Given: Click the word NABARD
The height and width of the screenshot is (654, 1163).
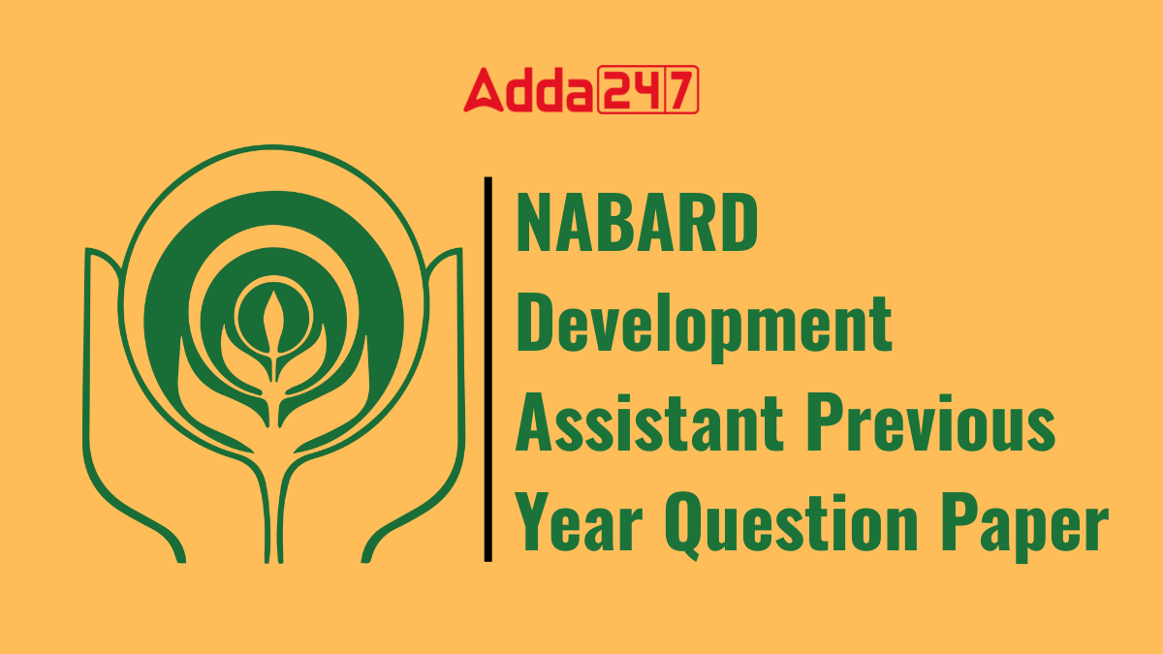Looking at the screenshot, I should [x=636, y=223].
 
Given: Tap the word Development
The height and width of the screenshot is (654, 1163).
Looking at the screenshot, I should [x=703, y=326].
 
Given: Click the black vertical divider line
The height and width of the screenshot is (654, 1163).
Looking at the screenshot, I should [x=487, y=368].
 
